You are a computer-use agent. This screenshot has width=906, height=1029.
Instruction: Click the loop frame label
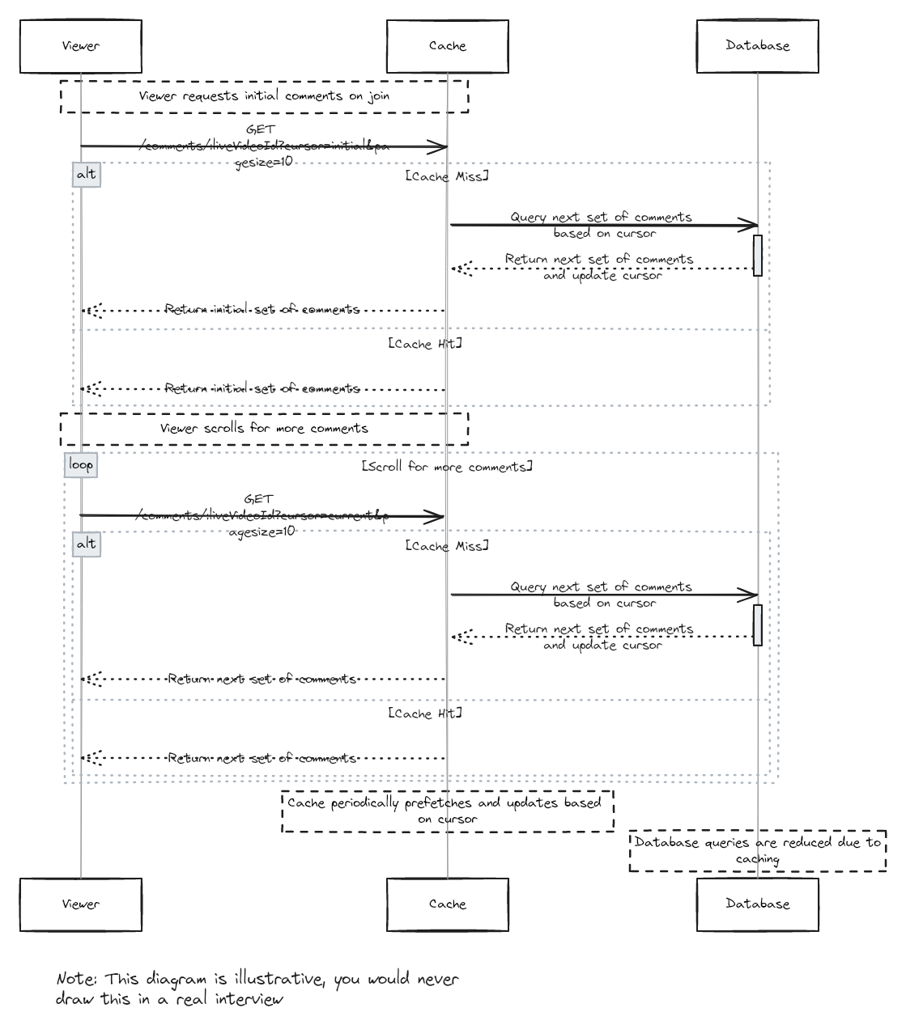(x=81, y=464)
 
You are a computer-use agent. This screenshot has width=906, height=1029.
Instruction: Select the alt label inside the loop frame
(x=86, y=544)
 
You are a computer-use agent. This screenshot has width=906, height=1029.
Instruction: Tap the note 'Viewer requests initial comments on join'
(x=264, y=95)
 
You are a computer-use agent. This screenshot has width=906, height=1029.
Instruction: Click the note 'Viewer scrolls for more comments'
(x=264, y=428)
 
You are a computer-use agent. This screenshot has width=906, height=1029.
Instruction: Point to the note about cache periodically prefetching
(x=447, y=811)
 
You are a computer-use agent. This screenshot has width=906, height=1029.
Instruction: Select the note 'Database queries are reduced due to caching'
(x=757, y=850)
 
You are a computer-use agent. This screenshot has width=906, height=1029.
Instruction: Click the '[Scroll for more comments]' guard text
(x=447, y=467)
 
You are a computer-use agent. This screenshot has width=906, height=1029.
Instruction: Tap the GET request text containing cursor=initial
(x=263, y=146)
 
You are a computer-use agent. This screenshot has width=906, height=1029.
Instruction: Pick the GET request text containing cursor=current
(x=262, y=515)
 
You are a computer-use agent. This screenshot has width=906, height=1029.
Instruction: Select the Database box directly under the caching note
(x=757, y=904)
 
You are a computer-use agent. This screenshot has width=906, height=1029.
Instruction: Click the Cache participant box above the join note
(x=447, y=46)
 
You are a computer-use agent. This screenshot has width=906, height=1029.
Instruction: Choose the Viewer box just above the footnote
(x=81, y=904)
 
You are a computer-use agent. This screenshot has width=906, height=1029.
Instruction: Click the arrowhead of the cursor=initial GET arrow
(x=440, y=147)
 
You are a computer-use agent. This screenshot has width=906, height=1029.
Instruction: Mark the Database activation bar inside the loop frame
(x=758, y=625)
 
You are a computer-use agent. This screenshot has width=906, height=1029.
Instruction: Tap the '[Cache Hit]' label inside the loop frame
(x=425, y=714)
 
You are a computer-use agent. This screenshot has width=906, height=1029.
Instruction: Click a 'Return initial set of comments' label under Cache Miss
(x=262, y=310)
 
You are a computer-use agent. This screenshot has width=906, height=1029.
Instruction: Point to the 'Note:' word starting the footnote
(x=78, y=979)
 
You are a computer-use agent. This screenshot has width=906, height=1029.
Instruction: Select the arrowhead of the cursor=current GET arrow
(x=437, y=517)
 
